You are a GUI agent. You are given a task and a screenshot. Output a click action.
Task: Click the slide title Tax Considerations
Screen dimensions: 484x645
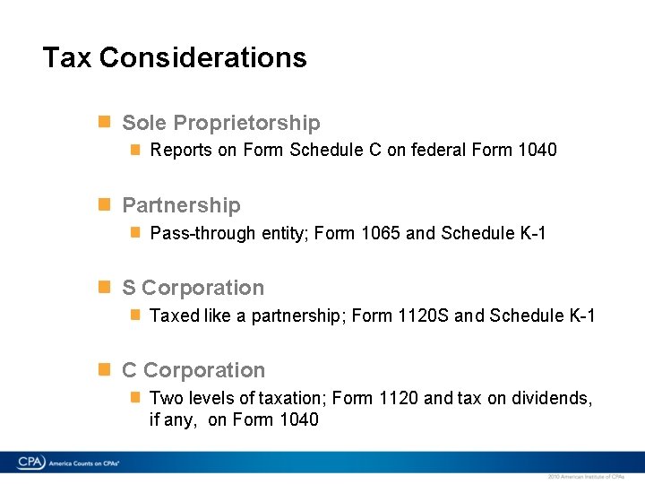coord(175,57)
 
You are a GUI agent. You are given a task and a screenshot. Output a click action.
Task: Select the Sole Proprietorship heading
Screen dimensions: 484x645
coord(220,123)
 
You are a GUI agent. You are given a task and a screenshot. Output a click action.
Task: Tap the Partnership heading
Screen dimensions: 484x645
coord(181,205)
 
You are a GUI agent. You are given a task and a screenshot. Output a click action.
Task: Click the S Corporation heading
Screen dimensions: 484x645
coord(193,288)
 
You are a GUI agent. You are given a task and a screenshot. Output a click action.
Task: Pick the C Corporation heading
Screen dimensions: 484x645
coord(193,370)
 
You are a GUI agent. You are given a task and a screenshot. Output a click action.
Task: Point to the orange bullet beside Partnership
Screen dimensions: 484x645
coord(104,204)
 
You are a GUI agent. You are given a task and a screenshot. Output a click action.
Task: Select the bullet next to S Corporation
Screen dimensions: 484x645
coord(104,287)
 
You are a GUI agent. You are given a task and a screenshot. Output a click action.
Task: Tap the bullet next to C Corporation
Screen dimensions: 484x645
coord(104,369)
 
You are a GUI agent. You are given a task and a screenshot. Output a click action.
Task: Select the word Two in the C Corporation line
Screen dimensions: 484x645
coord(166,398)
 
